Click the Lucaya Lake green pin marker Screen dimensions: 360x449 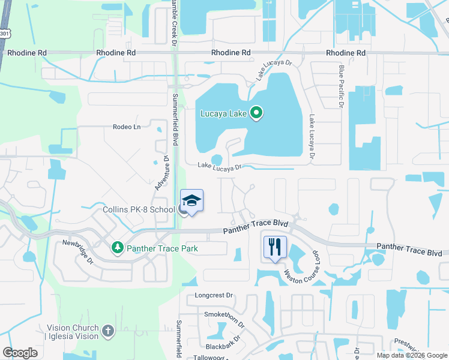pyautogui.click(x=256, y=113)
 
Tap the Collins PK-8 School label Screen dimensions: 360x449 pyautogui.click(x=137, y=209)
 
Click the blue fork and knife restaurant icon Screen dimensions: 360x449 pyautogui.click(x=275, y=247)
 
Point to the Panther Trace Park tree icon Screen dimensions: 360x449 pyautogui.click(x=118, y=247)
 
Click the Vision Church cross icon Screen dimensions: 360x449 pyautogui.click(x=107, y=331)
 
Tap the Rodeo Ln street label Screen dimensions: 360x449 pyautogui.click(x=126, y=127)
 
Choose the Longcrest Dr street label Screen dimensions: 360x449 pyautogui.click(x=214, y=296)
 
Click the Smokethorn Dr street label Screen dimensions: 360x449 pyautogui.click(x=224, y=317)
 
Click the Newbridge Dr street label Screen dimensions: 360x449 pyautogui.click(x=79, y=251)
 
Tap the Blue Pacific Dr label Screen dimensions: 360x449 pyautogui.click(x=340, y=87)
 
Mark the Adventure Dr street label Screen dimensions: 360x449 pyautogui.click(x=161, y=173)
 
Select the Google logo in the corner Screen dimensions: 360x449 pyautogui.click(x=20, y=352)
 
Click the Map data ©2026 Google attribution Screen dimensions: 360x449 pyautogui.click(x=411, y=355)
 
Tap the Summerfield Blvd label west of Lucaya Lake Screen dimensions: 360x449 pyautogui.click(x=176, y=120)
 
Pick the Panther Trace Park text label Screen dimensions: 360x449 pyautogui.click(x=161, y=248)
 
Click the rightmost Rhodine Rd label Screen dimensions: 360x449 pyautogui.click(x=346, y=53)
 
